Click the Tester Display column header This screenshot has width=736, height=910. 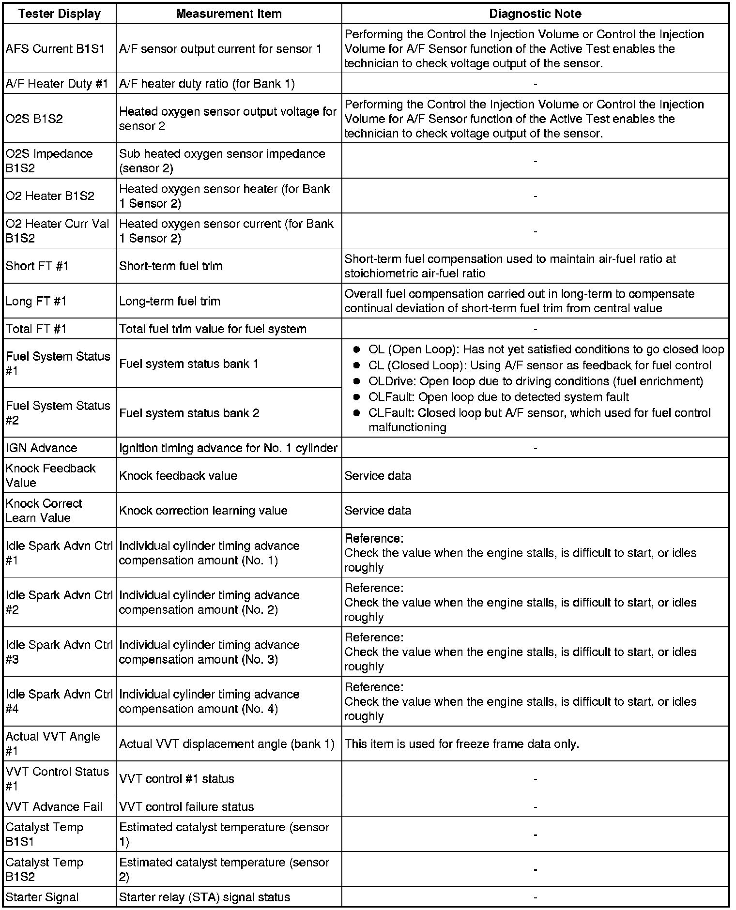coord(59,14)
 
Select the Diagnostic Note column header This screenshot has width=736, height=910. coord(535,14)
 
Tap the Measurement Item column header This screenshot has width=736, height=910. coord(229,14)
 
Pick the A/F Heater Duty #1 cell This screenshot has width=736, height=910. coord(57,84)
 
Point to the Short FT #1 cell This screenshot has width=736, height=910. coord(37,266)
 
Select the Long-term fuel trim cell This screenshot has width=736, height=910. coord(170,301)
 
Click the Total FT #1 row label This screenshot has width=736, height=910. coord(36,329)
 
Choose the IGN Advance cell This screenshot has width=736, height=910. coord(41,448)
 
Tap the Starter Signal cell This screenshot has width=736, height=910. coord(42,897)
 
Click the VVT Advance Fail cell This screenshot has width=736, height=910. coord(54,806)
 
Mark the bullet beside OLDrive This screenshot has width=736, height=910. coord(357,381)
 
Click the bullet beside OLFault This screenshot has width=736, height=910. coord(357,397)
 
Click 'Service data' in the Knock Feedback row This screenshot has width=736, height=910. coord(378,476)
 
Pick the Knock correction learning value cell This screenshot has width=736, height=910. coord(203,511)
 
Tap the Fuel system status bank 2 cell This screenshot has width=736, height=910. coord(189,413)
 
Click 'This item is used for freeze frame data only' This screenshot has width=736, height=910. coord(461,744)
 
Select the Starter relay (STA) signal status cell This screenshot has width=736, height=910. coord(204,897)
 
